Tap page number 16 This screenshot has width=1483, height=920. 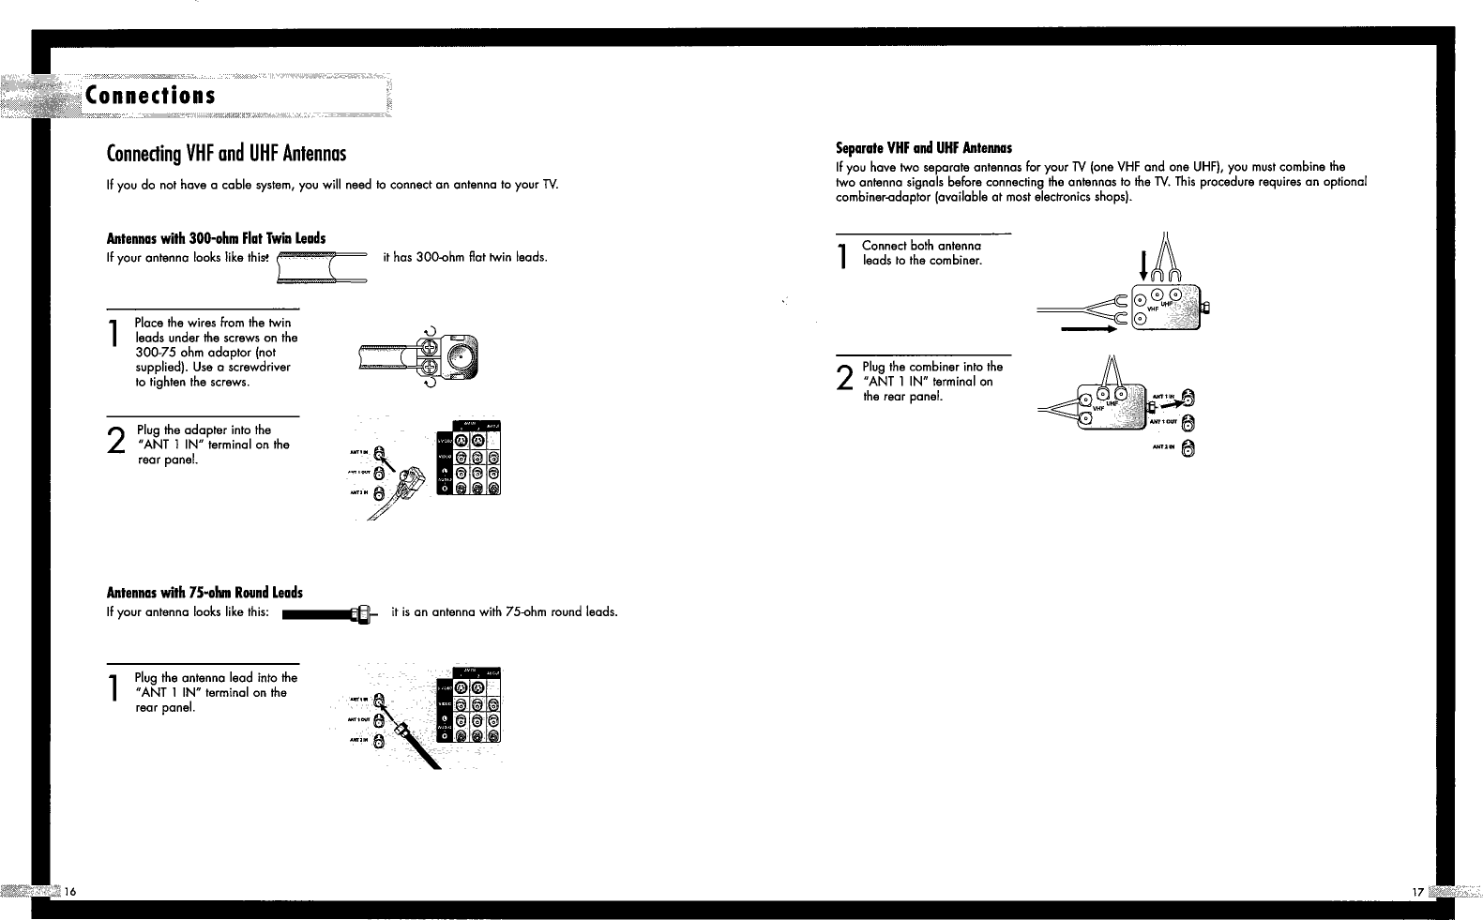tap(70, 891)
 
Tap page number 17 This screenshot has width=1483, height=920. tap(1417, 892)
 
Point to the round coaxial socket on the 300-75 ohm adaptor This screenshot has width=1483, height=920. tap(462, 356)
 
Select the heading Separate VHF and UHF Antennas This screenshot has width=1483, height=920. tap(923, 147)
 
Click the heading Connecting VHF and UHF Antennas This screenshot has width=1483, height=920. tap(227, 153)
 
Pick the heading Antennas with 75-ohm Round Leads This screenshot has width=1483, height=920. tap(204, 593)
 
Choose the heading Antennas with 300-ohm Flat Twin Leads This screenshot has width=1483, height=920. tap(217, 238)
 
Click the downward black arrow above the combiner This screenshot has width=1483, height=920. tap(1143, 263)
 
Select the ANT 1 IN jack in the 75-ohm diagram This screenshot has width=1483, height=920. tap(378, 699)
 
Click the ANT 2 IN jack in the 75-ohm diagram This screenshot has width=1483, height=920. tap(378, 742)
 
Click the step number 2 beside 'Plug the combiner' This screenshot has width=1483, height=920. tap(844, 379)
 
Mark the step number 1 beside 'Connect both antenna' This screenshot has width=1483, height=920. tap(844, 256)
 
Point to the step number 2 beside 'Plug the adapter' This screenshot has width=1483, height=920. tap(115, 443)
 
